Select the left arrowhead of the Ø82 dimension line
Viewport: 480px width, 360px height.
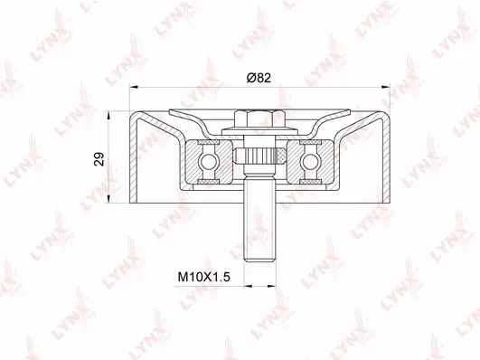pos(136,87)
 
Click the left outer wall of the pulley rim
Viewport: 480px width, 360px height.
pos(135,158)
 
